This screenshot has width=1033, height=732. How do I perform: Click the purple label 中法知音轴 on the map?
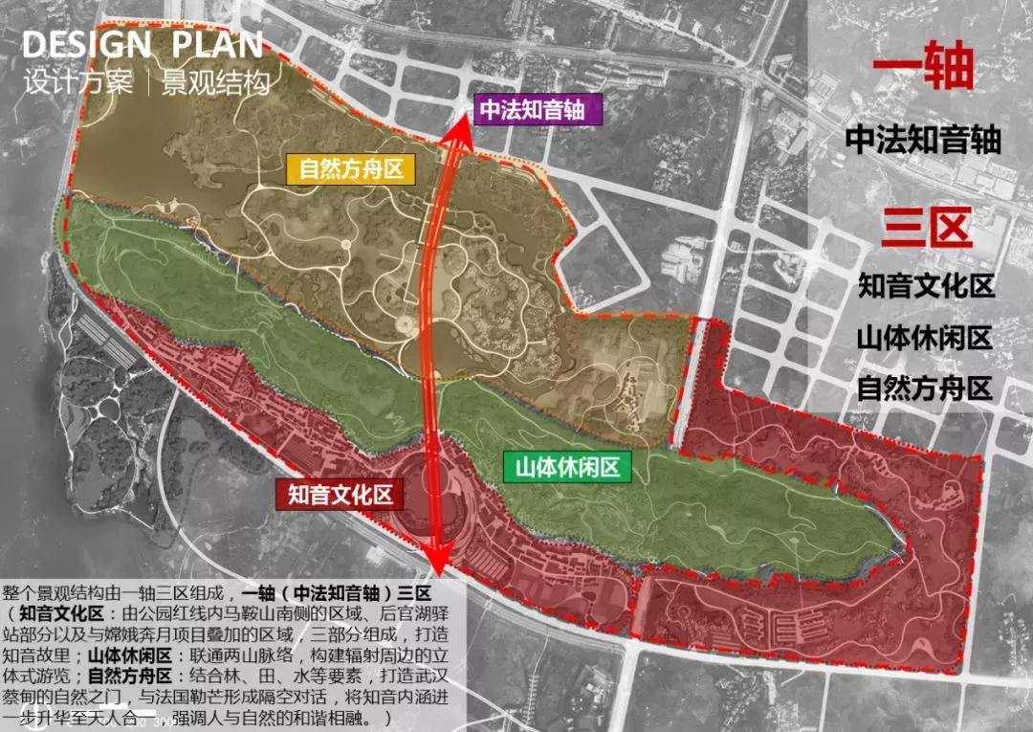click(538, 109)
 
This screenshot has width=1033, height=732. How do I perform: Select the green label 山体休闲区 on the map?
click(568, 467)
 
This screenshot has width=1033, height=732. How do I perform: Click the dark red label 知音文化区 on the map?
click(341, 495)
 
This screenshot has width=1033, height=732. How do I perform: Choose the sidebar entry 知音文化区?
click(925, 286)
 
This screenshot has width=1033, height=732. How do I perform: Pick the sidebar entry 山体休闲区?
click(925, 338)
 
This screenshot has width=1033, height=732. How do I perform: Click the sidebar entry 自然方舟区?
click(925, 389)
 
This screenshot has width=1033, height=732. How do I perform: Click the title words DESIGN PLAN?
click(142, 44)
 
